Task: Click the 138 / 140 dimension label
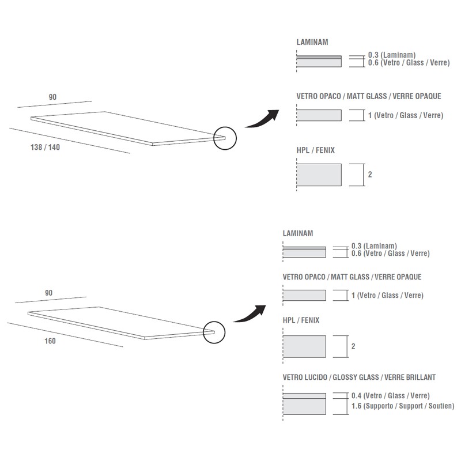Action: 46,147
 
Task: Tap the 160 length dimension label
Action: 50,341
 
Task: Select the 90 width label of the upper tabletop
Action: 52,97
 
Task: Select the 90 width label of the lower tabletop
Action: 49,293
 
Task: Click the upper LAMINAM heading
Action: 312,42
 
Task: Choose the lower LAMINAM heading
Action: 298,233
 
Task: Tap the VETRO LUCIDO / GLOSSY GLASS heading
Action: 359,377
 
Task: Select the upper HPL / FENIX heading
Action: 315,150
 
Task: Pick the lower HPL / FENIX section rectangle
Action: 304,346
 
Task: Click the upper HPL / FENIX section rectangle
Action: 319,175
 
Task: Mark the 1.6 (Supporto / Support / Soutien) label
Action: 403,406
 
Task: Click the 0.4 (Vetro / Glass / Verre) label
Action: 391,396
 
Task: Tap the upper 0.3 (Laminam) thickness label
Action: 392,55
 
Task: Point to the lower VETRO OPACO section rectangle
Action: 304,295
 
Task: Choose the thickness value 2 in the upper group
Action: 370,175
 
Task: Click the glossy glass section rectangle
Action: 304,404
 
